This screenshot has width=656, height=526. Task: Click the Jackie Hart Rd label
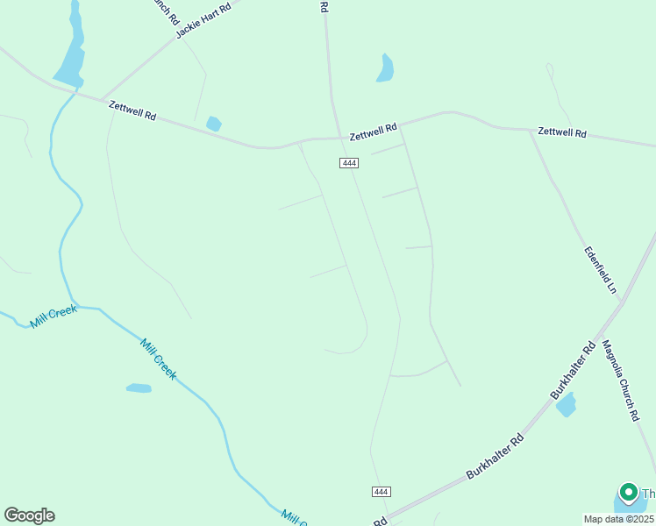(x=203, y=20)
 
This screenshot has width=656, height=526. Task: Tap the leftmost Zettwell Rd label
(x=132, y=110)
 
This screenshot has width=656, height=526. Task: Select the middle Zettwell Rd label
(x=373, y=131)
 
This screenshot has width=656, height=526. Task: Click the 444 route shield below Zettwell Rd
(x=349, y=163)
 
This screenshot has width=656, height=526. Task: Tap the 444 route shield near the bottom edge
(x=381, y=492)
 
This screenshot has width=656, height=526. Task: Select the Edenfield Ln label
(x=602, y=269)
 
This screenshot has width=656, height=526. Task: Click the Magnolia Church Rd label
(x=622, y=381)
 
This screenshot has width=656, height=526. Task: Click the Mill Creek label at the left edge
(x=53, y=316)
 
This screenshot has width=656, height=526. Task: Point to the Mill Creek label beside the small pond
(x=159, y=359)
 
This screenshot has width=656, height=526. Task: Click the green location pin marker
(x=628, y=494)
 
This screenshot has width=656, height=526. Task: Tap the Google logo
(x=29, y=515)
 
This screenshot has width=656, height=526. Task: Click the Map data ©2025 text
(x=618, y=519)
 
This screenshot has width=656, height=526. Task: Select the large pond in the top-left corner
(x=70, y=53)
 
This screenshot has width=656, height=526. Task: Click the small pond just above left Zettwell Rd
(x=213, y=124)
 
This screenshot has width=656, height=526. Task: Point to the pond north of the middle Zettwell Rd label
(x=385, y=68)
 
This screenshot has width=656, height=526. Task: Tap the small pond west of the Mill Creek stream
(x=139, y=387)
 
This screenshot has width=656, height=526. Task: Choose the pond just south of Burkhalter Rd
(x=567, y=405)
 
